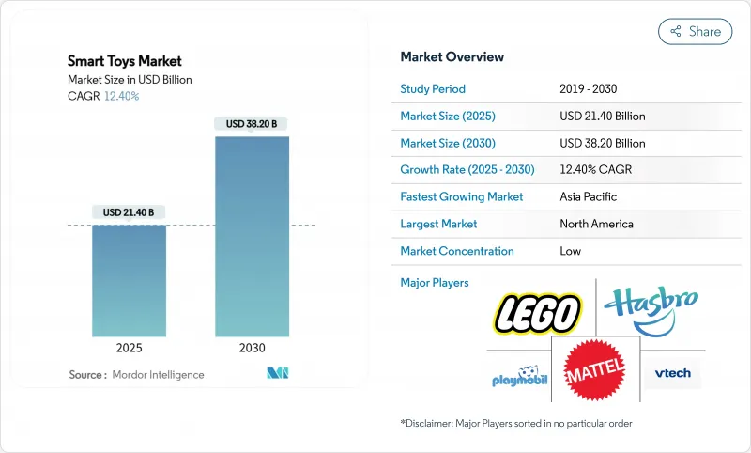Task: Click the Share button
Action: click(x=696, y=31)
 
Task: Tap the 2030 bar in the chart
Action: click(x=253, y=236)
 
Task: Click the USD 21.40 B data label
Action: click(x=130, y=213)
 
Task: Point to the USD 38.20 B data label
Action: click(x=253, y=124)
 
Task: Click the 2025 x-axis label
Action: click(x=130, y=348)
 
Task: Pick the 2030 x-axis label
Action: click(x=253, y=348)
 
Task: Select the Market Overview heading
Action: click(x=452, y=57)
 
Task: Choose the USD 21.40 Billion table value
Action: click(x=602, y=117)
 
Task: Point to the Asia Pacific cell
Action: click(x=590, y=197)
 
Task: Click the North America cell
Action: click(x=596, y=224)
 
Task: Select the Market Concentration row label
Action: click(x=457, y=251)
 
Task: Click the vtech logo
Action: click(x=672, y=373)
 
